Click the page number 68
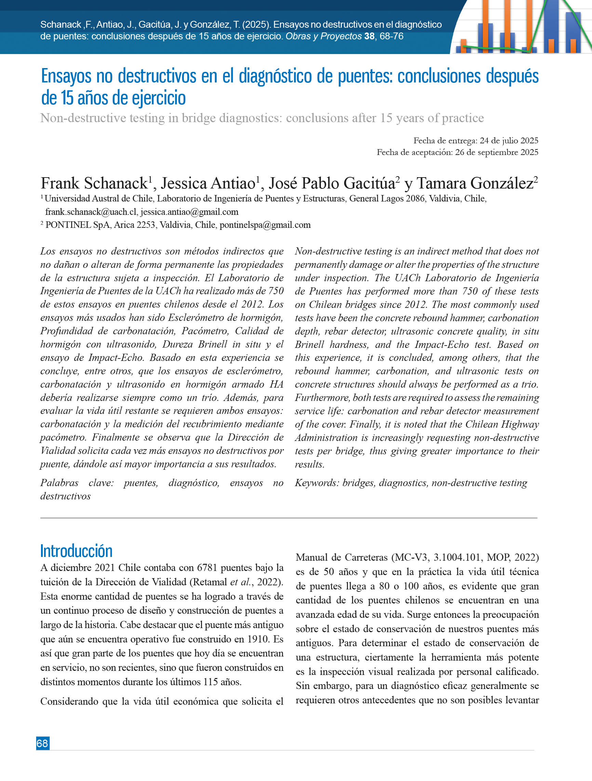pos(43,743)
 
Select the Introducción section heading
pos(76,551)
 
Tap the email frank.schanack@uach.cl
pos(91,212)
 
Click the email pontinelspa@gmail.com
pos(265,225)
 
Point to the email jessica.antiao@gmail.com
pos(189,212)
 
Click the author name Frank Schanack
pos(94,183)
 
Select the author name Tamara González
pos(475,183)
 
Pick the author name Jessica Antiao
pos(208,183)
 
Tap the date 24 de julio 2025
pos(509,141)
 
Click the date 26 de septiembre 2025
pos(496,152)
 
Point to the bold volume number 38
pos(369,36)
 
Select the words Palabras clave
pos(77,483)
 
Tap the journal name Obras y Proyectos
pos(324,36)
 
